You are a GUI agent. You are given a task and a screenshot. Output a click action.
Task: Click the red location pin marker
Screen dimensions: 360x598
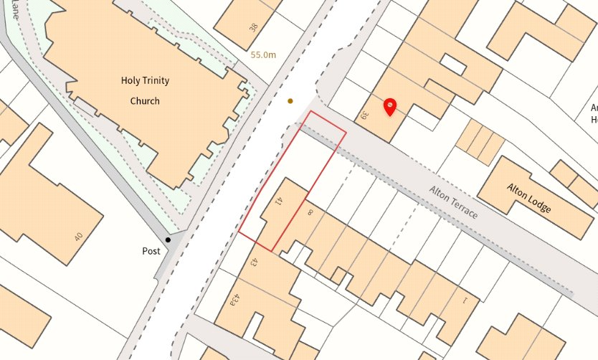click(389, 107)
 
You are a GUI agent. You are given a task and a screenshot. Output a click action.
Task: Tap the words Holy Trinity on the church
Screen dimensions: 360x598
click(145, 80)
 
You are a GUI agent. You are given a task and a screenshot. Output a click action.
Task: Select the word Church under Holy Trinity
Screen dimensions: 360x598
click(145, 101)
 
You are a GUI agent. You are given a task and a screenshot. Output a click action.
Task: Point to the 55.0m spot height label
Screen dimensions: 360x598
click(264, 55)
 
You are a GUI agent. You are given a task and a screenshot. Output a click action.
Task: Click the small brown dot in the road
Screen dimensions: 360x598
click(290, 101)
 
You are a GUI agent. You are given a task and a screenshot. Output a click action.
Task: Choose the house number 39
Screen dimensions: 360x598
click(365, 115)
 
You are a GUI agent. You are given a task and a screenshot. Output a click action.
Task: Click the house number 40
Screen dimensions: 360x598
click(77, 236)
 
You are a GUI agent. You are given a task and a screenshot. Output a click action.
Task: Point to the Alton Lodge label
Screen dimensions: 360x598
click(529, 198)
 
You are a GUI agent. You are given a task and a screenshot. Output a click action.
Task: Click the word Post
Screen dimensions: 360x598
click(151, 251)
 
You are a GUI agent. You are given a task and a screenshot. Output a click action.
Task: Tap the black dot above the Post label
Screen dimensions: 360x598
click(168, 240)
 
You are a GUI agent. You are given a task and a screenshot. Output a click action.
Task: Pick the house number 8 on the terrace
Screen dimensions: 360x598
click(310, 213)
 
